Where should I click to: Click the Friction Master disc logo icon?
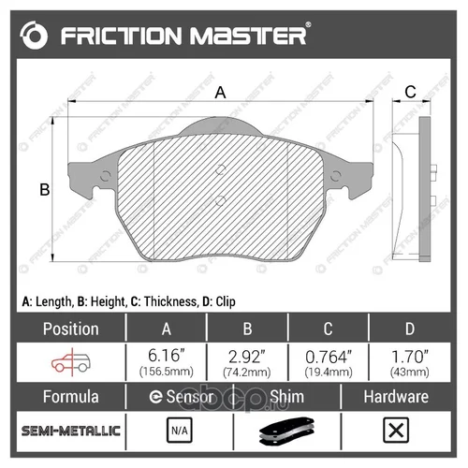34,36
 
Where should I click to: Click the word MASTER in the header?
248,36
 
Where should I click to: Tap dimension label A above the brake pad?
220,93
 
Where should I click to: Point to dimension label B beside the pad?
45,189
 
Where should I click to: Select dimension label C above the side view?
410,92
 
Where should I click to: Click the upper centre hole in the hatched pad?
221,169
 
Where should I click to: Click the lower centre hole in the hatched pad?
220,201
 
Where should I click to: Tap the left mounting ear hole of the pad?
106,176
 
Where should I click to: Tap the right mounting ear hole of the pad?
335,176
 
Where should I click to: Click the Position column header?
71,329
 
